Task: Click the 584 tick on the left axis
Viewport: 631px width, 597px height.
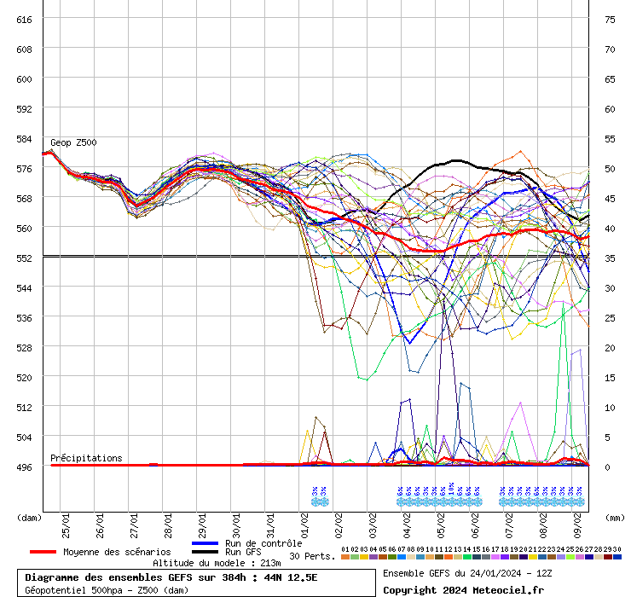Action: [x=24, y=138]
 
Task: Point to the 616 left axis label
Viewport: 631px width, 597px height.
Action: [x=24, y=19]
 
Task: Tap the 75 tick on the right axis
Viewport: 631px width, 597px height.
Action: [x=610, y=19]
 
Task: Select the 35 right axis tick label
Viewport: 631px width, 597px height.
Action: [x=610, y=258]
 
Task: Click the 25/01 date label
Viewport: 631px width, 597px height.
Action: [x=66, y=521]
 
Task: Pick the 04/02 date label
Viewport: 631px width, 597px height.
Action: [x=407, y=521]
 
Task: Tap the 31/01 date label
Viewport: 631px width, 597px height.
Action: [x=270, y=521]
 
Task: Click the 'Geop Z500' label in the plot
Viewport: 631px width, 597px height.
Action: [x=73, y=142]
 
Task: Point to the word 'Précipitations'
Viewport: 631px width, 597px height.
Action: [x=86, y=458]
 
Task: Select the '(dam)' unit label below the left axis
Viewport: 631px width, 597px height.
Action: [x=29, y=517]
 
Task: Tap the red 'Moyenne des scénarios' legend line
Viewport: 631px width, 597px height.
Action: [x=43, y=552]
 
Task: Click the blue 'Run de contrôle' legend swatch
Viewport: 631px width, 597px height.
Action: [x=206, y=543]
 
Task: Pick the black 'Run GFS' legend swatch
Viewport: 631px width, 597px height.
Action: [x=206, y=553]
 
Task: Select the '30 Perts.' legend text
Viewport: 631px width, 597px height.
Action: [x=311, y=556]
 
